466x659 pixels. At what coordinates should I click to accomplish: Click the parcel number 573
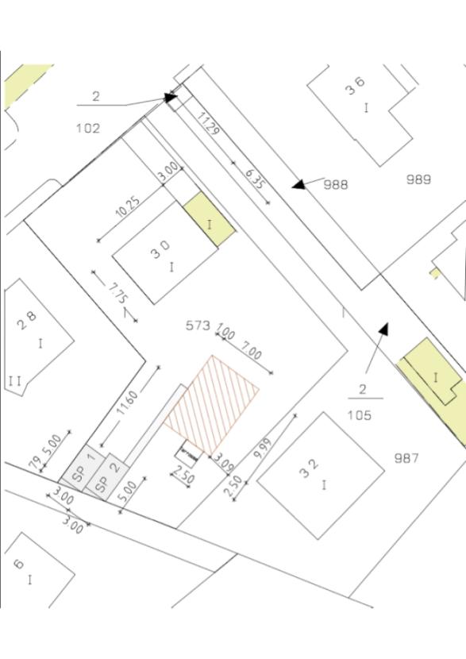(x=198, y=326)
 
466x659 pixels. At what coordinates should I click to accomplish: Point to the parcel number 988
(x=336, y=184)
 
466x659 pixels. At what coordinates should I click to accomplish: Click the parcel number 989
(x=418, y=179)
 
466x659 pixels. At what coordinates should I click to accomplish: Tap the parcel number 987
(x=406, y=457)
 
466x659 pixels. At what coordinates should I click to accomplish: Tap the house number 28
(x=27, y=321)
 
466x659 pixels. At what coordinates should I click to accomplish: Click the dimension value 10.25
(x=128, y=206)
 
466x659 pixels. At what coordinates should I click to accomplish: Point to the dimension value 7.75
(x=118, y=292)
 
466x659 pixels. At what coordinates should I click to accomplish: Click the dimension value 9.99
(x=262, y=449)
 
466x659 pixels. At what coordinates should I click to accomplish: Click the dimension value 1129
(x=208, y=125)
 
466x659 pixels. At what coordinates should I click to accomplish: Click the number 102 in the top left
(x=88, y=128)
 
